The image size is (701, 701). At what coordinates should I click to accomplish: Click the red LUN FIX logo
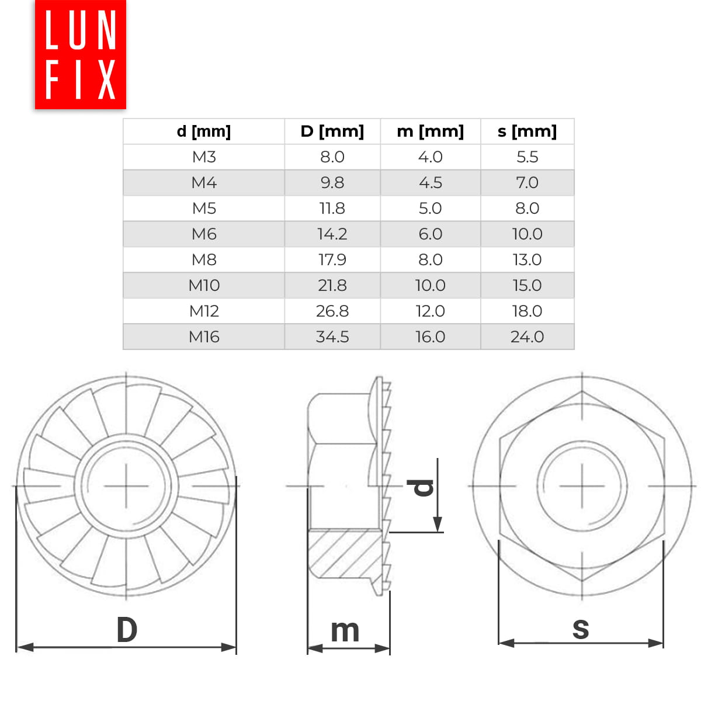pyautogui.click(x=81, y=54)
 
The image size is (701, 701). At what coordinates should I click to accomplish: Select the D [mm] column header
pyautogui.click(x=332, y=131)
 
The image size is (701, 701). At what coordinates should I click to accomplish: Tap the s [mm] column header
pyautogui.click(x=527, y=131)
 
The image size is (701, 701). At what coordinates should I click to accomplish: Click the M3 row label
pyautogui.click(x=204, y=157)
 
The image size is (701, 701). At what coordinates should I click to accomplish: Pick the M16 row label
pyautogui.click(x=204, y=336)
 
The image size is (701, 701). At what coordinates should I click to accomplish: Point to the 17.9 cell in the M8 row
pyautogui.click(x=332, y=260)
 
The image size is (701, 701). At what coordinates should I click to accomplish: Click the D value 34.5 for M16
pyautogui.click(x=332, y=336)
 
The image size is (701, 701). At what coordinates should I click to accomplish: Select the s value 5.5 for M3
pyautogui.click(x=527, y=157)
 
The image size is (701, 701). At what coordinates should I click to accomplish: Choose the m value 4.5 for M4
pyautogui.click(x=431, y=183)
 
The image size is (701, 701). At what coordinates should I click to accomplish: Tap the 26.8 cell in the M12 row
pyautogui.click(x=332, y=311)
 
